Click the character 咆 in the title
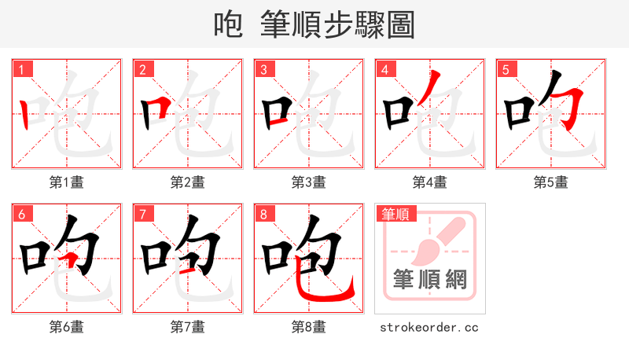coord(228,25)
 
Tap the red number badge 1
coord(21,69)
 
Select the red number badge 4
coord(384,69)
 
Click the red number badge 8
coord(263,214)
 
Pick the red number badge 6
coord(21,214)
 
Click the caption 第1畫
coord(67,182)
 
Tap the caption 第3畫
coord(309,182)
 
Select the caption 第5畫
coord(550,182)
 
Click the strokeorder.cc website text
coord(429,327)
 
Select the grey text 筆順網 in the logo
coord(430,278)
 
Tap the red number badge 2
coord(142,69)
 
